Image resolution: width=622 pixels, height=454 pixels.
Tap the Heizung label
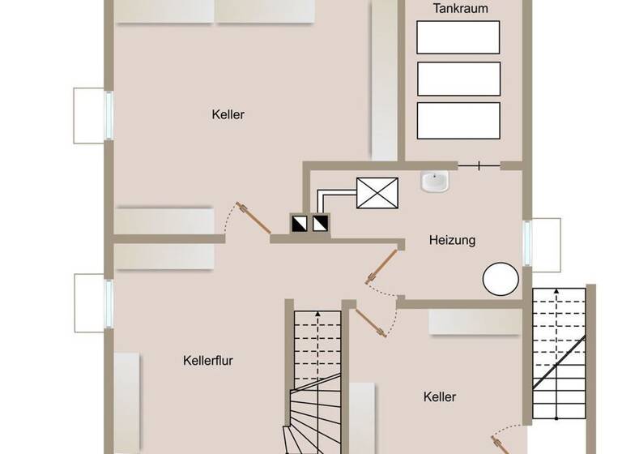coord(452,240)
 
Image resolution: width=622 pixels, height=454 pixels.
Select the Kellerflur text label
coord(208,361)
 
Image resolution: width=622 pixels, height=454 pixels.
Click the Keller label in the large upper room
coord(228,115)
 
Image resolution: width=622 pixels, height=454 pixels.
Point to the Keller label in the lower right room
coord(439,397)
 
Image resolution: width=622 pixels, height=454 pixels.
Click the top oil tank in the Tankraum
coord(458,37)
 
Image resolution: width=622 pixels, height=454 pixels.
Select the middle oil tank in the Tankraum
coord(458,79)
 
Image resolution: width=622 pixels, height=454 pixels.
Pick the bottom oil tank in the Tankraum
coord(458,120)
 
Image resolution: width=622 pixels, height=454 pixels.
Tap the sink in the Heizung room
coord(435,182)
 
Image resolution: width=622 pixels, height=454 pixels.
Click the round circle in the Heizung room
coord(501,279)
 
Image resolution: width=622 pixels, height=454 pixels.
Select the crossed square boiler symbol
coord(377,193)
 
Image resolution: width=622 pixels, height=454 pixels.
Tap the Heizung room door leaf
coord(383,265)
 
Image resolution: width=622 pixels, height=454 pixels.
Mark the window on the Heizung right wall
coord(527,243)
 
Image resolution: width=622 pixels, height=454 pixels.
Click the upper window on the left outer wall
coord(108,114)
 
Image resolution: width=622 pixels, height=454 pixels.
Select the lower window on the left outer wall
coord(108,302)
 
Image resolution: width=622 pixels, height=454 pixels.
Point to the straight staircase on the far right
coord(559,353)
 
